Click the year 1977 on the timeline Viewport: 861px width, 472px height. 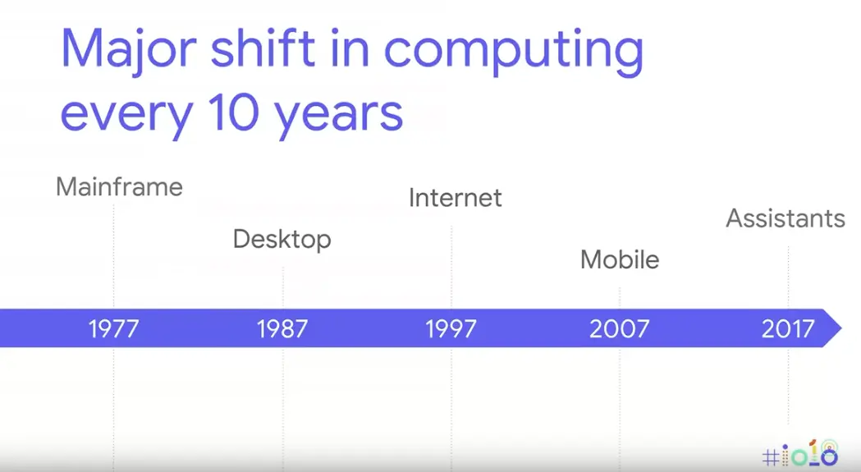(114, 329)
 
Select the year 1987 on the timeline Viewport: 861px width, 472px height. (282, 329)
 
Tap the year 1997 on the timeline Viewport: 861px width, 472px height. (451, 329)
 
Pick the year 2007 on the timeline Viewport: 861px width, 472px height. (619, 329)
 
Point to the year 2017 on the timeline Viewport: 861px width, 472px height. (788, 329)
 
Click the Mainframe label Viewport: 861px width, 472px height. (119, 187)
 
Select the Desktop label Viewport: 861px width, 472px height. (282, 239)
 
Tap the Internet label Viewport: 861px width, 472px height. (455, 198)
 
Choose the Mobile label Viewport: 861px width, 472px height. (620, 259)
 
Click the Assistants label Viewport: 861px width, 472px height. (785, 218)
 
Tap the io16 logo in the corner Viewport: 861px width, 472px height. (800, 453)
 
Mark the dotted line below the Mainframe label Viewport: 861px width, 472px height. (113, 254)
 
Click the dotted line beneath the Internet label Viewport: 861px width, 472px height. (451, 263)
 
